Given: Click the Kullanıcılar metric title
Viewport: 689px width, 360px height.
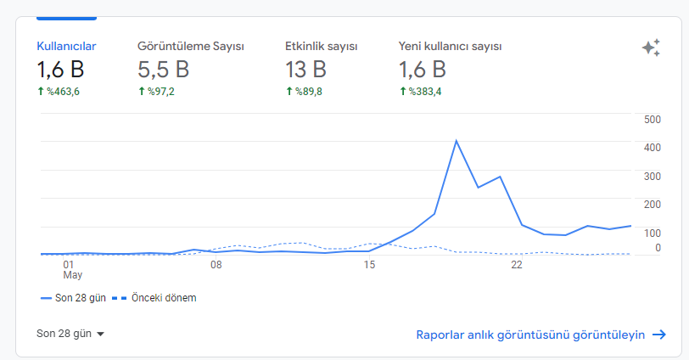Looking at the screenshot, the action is click(66, 46).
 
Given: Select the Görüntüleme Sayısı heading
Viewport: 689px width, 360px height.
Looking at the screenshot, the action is click(191, 46).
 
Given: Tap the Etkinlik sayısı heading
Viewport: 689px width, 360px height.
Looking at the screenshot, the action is click(322, 46).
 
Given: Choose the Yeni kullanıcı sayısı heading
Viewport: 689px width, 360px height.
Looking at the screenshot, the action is click(450, 46).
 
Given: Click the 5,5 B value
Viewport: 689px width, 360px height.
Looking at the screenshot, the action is click(164, 70).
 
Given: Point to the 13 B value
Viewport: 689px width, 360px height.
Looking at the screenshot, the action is click(305, 70).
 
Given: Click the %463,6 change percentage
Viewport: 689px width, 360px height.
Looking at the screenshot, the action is click(59, 92).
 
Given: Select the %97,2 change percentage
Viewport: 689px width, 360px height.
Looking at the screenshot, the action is click(156, 92).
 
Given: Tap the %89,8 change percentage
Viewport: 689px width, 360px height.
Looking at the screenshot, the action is click(304, 92).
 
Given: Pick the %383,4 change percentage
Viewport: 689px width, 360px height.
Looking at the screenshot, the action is click(420, 92).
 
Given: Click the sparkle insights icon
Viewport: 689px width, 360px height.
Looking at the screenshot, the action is click(651, 48).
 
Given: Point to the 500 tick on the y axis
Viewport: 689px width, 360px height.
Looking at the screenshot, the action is click(653, 120).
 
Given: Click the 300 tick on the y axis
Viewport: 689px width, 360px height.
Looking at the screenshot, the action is click(653, 177).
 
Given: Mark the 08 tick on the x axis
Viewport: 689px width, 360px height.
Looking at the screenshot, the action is click(216, 265).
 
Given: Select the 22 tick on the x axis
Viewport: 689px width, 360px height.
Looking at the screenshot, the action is click(516, 265).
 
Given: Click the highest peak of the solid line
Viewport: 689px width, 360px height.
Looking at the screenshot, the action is click(457, 141).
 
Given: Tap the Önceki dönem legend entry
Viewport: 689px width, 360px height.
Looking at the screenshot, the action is click(154, 297).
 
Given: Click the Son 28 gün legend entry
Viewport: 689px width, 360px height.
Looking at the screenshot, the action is click(73, 297).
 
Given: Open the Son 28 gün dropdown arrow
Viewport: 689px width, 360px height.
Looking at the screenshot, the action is click(100, 334).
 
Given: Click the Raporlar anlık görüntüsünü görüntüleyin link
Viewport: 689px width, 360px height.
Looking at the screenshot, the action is click(541, 335).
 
